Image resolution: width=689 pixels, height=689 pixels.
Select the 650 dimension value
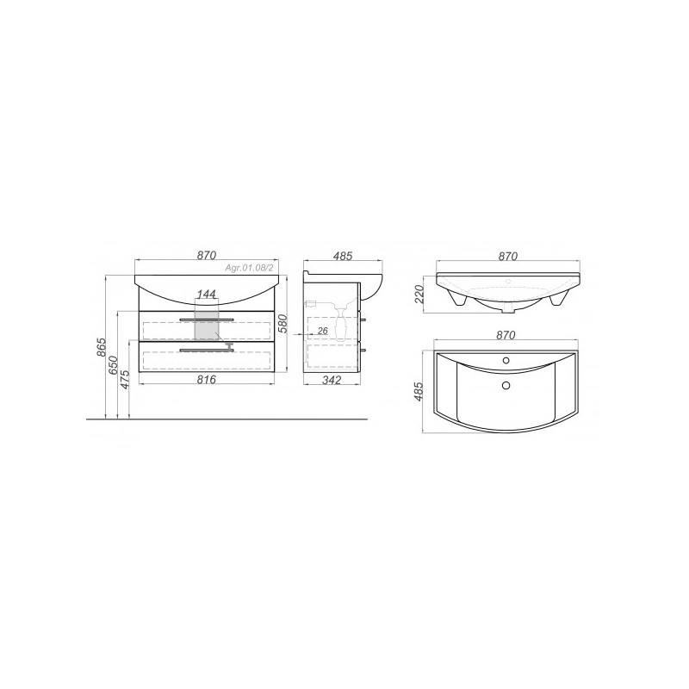tap(114, 364)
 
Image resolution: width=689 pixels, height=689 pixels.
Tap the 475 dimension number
tap(125, 379)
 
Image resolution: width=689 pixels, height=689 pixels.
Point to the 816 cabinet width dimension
tap(207, 379)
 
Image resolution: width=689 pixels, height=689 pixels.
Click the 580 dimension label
tap(284, 324)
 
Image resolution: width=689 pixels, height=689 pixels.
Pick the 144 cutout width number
tap(206, 294)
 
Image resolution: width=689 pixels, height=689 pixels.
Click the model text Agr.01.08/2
tap(249, 267)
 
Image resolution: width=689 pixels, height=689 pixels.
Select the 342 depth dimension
tap(332, 380)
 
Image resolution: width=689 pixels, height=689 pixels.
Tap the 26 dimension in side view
tap(322, 331)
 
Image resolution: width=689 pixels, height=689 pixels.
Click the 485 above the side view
tap(342, 256)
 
